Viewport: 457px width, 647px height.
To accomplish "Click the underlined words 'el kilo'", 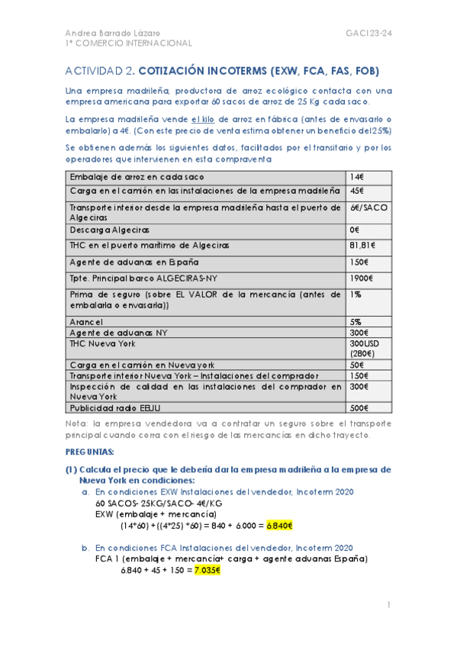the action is click(x=204, y=118).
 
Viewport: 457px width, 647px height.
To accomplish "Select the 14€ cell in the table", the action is click(x=356, y=177).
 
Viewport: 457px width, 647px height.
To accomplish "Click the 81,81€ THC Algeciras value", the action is click(x=363, y=245).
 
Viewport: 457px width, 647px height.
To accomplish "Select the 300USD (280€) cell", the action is click(x=363, y=349).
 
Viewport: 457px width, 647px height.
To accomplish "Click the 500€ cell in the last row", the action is click(x=359, y=407).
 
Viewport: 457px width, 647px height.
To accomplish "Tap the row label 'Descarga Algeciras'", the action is click(x=110, y=229).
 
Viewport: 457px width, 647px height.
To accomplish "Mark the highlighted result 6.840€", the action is click(x=280, y=526).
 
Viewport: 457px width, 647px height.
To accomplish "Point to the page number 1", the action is click(x=388, y=605).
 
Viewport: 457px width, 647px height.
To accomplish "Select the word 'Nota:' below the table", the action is click(x=78, y=423).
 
